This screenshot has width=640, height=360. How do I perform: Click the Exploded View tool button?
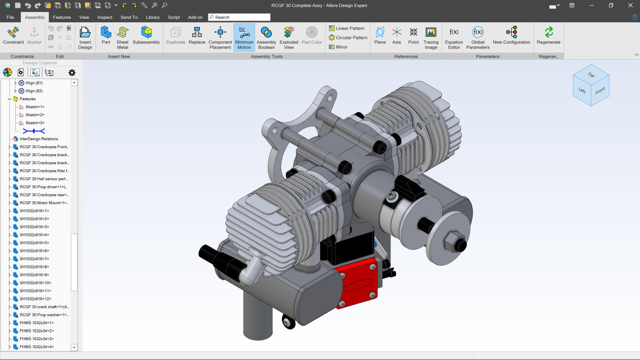288,37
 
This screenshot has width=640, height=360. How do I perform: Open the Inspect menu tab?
104,17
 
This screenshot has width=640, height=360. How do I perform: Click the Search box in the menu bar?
239,17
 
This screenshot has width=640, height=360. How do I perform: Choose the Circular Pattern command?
348,37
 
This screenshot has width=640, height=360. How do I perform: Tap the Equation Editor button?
454,37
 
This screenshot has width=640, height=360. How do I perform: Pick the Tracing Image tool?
431,37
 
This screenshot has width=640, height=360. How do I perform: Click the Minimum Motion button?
244,37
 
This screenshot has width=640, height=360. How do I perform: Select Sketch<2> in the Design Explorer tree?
35,115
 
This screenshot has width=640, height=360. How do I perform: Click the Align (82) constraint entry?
33,91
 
